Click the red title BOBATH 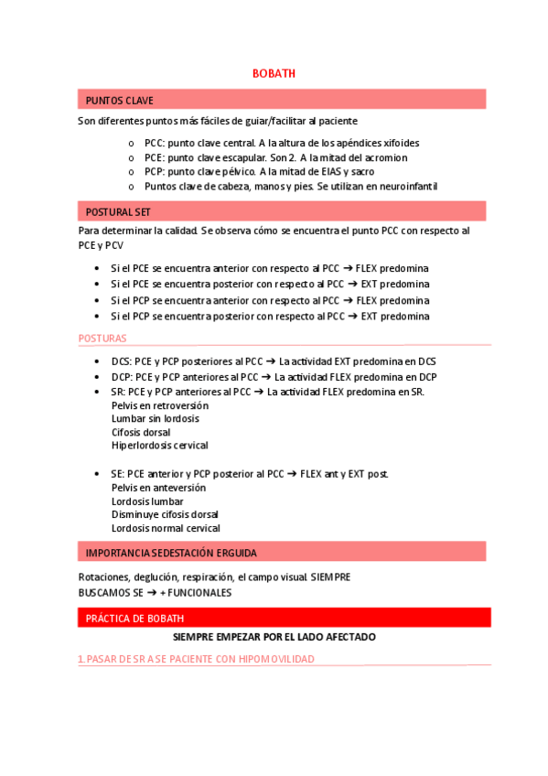click(x=274, y=73)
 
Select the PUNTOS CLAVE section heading click(x=119, y=100)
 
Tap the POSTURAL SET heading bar click(x=118, y=211)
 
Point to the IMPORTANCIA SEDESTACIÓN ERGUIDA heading click(x=170, y=553)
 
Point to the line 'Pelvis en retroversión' click(x=159, y=404)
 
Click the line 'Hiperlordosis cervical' click(x=159, y=446)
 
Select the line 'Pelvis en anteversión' click(x=158, y=488)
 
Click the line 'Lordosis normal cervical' click(x=166, y=528)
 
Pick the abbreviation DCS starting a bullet click(x=120, y=361)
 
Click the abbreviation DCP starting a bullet click(x=120, y=376)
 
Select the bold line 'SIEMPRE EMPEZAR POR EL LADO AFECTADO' click(x=274, y=637)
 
